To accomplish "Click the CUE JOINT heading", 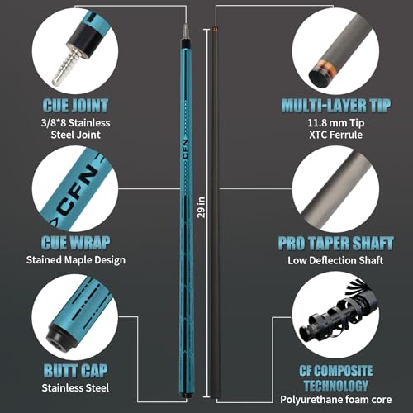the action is coord(75,106).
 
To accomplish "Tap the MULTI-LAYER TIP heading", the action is coord(336,106).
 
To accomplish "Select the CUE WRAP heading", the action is coord(75,243).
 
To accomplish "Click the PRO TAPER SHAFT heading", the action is coord(335,244).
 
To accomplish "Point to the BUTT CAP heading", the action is coord(75,371).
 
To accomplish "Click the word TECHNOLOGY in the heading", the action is coord(336,385).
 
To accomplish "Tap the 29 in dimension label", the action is coord(202,207).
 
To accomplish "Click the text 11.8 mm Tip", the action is coord(336,123).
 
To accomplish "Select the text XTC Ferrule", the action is coord(335,135).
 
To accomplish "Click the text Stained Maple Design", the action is coord(76,260).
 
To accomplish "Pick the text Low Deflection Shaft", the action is coord(335,260).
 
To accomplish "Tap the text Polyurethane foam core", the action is coord(336,400).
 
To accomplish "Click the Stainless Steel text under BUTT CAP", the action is coord(75,388).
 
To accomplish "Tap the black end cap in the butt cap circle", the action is coord(59,338).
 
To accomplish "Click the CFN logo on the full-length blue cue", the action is coord(186,149).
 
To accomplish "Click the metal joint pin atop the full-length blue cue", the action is coord(187,31).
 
